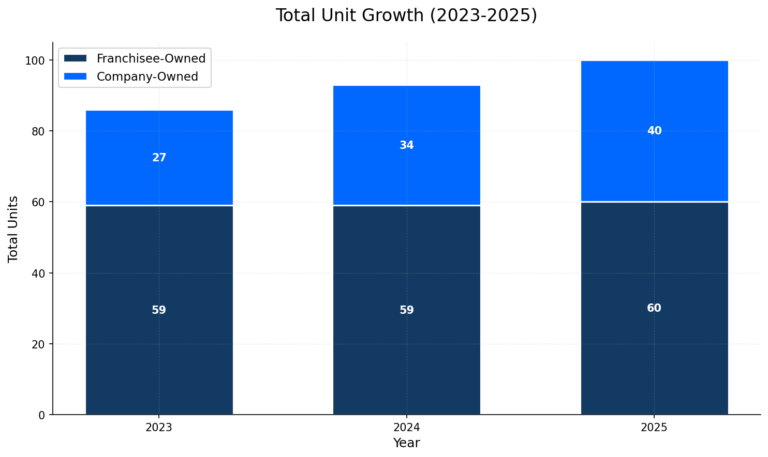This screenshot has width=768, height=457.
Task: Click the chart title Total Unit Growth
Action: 406,16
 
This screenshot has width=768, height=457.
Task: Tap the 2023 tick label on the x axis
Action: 159,428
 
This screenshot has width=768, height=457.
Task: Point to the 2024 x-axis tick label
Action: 406,428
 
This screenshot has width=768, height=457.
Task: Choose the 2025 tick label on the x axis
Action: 654,428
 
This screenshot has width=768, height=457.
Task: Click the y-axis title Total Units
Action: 13,229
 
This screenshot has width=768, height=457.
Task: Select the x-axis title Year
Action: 406,443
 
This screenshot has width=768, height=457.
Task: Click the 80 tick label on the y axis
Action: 38,131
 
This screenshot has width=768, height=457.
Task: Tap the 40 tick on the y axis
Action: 38,273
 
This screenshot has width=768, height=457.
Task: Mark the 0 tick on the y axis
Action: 42,415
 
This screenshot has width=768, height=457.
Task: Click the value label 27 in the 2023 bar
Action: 159,158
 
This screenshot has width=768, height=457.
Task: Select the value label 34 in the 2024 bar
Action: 406,145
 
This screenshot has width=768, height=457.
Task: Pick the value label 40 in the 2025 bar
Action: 654,131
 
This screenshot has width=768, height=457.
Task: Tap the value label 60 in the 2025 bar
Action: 654,308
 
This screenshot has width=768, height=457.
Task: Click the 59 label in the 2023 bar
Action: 159,310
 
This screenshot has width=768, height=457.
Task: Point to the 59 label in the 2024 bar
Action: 406,310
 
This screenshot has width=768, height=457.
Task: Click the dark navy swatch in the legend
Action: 75,58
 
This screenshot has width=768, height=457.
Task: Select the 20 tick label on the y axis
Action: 38,344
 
